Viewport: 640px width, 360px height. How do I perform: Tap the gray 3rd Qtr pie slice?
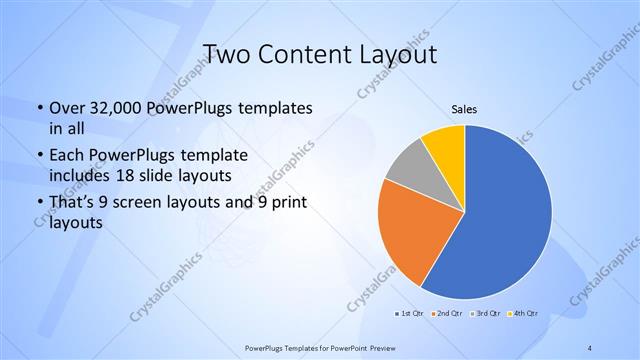pos(409,170)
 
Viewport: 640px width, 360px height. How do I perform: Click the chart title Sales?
pos(464,109)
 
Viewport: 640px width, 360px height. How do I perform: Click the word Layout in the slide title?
pos(397,55)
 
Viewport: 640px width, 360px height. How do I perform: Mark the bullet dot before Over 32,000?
pos(38,108)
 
